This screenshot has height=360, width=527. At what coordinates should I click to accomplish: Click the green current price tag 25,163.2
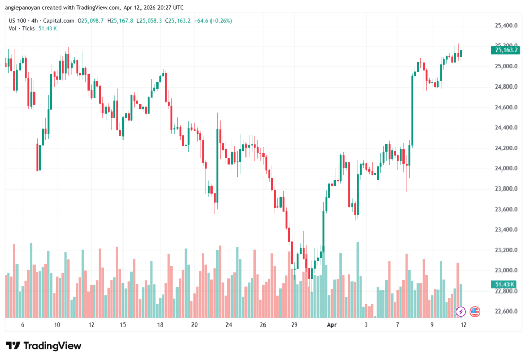506,50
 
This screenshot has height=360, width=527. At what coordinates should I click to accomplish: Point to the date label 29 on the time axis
295,325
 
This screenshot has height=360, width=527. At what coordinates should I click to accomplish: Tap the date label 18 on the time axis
161,325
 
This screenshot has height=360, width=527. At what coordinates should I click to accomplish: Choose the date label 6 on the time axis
22,325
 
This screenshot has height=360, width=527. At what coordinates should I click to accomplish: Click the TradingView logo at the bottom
44,346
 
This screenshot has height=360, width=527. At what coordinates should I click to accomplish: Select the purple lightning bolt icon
461,312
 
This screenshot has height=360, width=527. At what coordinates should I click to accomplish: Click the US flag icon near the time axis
475,312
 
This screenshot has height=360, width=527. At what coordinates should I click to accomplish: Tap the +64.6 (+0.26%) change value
213,21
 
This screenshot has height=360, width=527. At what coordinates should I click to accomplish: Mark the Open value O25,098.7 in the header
91,21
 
